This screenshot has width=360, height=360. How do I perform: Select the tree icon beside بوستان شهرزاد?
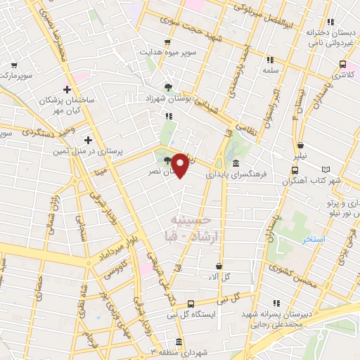pyautogui.click(x=167, y=87)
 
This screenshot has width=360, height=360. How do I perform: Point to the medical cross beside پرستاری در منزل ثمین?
pyautogui.click(x=88, y=139)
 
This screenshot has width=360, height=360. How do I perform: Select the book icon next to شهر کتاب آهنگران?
pyautogui.click(x=325, y=169)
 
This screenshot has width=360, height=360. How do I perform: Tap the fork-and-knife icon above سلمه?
pyautogui.click(x=269, y=59)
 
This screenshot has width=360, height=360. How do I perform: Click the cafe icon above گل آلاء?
pyautogui.click(x=219, y=266)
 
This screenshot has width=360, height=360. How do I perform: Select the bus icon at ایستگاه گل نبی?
pyautogui.click(x=191, y=304)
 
